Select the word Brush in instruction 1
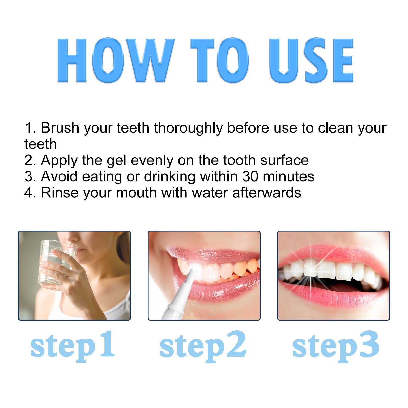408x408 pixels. pos(60,128)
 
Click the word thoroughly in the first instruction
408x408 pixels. pos(188,128)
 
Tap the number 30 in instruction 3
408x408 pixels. pos(250,176)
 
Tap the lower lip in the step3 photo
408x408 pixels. pos(331,296)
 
